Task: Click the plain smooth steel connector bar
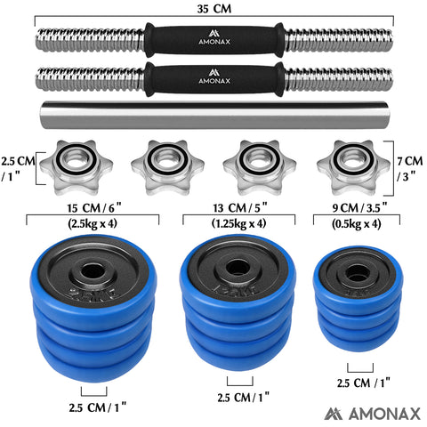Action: [213, 115]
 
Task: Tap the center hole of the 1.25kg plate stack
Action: [236, 266]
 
